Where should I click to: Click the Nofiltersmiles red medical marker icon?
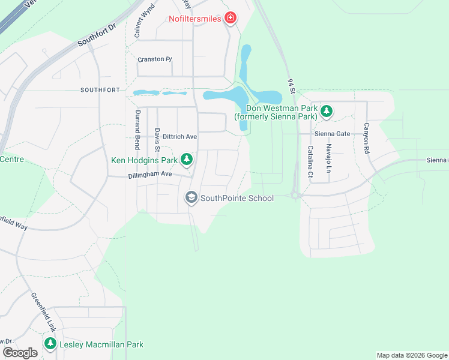click(x=229, y=19)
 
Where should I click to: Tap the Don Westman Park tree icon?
click(x=326, y=110)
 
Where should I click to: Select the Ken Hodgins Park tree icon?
click(x=187, y=159)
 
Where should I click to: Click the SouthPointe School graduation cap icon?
click(x=191, y=197)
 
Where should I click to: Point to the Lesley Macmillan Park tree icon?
click(x=50, y=344)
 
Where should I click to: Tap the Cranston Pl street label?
click(x=155, y=59)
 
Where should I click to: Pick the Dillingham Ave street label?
click(x=150, y=175)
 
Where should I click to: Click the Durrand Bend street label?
click(x=137, y=131)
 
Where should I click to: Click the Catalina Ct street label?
click(x=310, y=161)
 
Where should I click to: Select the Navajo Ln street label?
click(x=328, y=155)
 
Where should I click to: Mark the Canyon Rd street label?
click(x=366, y=139)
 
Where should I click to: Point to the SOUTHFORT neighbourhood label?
click(x=100, y=90)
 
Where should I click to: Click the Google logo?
click(x=20, y=352)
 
